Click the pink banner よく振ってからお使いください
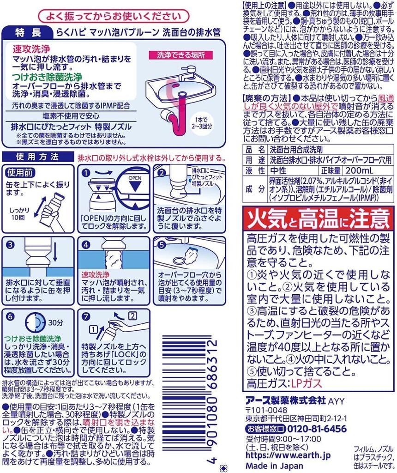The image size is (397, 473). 114,17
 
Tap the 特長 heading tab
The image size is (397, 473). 28,33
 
